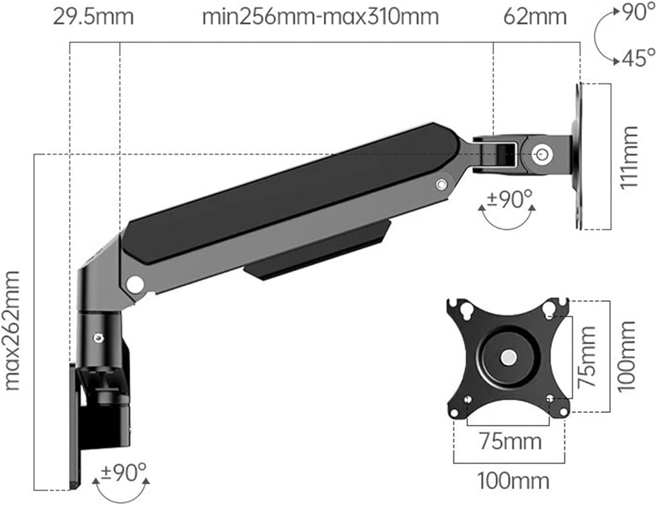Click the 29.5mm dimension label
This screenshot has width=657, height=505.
pos(93,17)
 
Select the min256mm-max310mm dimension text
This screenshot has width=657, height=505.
pos(321,17)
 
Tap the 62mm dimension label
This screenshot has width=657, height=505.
pos(535,17)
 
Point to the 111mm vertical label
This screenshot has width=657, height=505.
pos(629,157)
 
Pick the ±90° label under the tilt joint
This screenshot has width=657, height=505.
pos(508,199)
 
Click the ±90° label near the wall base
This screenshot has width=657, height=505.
pos(124,473)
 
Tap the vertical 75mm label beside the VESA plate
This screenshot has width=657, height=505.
pos(586,357)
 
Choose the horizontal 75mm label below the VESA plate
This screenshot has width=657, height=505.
pos(510,442)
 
